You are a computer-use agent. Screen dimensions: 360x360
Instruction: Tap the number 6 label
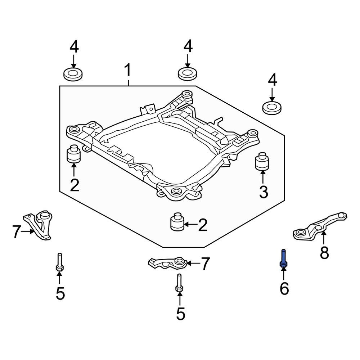284,289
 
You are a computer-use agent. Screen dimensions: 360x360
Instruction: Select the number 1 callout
128,71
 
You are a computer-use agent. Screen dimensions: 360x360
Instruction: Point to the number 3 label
263,192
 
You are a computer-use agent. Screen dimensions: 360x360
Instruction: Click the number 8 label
324,253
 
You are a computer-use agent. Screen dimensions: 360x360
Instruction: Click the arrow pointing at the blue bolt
283,274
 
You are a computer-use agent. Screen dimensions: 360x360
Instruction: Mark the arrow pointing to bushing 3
263,177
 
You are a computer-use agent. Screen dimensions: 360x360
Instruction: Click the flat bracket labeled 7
167,263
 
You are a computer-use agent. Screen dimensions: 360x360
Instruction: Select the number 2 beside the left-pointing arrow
203,225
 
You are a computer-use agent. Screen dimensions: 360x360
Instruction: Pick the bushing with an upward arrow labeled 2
73,154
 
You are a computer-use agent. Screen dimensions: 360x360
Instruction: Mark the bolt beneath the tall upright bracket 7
59,263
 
